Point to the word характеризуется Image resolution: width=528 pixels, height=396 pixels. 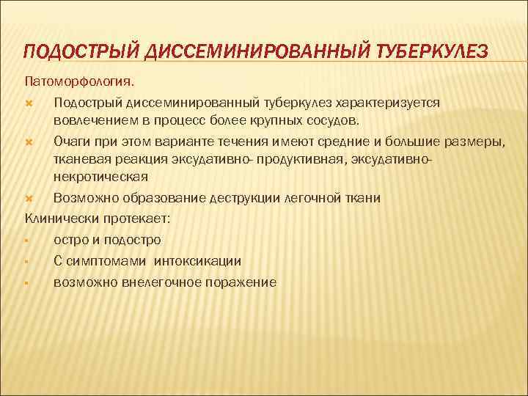coord(392,102)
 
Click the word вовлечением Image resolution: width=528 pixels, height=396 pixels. coord(90,120)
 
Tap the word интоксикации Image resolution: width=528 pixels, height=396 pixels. coord(202,260)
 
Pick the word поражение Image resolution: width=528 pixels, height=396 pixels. coord(234,282)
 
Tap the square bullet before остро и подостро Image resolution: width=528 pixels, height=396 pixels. coord(26,240)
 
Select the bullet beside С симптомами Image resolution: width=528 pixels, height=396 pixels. coord(26,261)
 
